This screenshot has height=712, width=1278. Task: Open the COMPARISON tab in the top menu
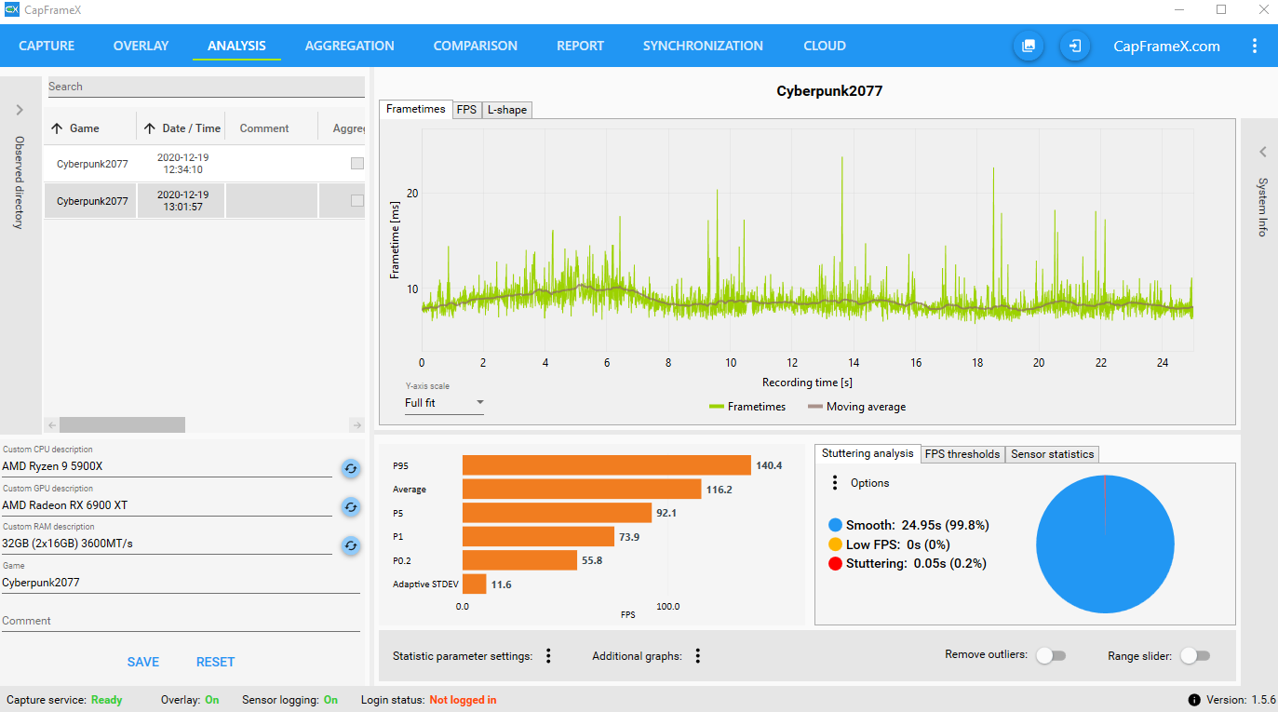pyautogui.click(x=476, y=46)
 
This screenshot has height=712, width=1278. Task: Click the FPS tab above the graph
pyautogui.click(x=466, y=110)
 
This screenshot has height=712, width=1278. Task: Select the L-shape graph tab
pyautogui.click(x=507, y=110)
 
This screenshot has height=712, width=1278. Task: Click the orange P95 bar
pyautogui.click(x=607, y=465)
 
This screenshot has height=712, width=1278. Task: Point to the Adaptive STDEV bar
pyautogui.click(x=474, y=584)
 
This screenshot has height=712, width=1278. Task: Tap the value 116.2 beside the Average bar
pyautogui.click(x=719, y=490)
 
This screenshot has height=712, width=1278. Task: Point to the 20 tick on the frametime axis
pyautogui.click(x=412, y=194)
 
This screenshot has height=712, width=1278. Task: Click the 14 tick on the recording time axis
pyautogui.click(x=854, y=363)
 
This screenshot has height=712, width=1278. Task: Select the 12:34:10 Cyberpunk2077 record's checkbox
pyautogui.click(x=357, y=164)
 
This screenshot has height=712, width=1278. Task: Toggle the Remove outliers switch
pyautogui.click(x=1051, y=655)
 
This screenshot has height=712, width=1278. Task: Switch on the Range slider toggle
pyautogui.click(x=1195, y=655)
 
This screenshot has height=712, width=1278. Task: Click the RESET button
pyautogui.click(x=215, y=662)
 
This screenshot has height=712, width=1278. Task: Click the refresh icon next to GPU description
pyautogui.click(x=351, y=507)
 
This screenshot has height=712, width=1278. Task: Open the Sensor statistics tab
pyautogui.click(x=1052, y=454)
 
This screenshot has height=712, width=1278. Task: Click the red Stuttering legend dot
pyautogui.click(x=835, y=564)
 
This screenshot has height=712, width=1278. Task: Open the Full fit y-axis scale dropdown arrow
pyautogui.click(x=479, y=402)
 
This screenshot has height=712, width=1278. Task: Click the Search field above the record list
pyautogui.click(x=207, y=87)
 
